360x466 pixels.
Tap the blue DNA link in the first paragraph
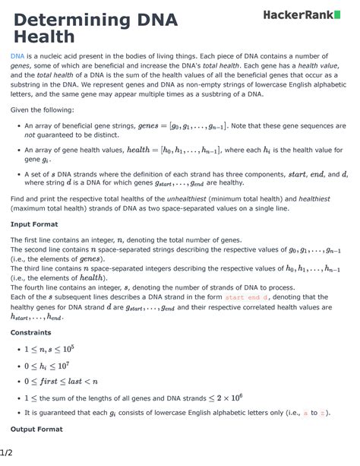click(x=17, y=57)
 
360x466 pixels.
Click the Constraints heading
click(x=31, y=332)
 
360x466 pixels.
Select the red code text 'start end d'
click(x=245, y=298)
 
